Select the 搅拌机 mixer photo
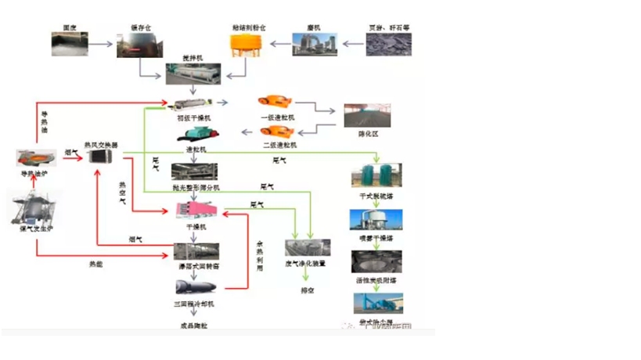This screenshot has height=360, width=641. click(193, 75)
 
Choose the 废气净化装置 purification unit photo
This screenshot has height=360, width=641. click(307, 250)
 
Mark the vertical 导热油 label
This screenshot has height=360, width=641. click(44, 121)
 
